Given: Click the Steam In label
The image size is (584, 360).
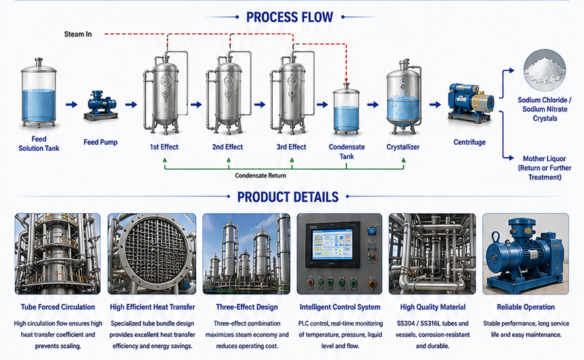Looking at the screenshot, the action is [x=78, y=35].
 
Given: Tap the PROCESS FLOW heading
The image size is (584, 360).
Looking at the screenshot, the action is [x=290, y=17].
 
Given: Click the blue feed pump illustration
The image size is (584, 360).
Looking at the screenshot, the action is [x=101, y=106].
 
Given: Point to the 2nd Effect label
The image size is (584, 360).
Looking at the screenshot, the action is [x=227, y=147].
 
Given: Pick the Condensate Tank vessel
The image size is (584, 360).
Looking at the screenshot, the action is [x=346, y=109].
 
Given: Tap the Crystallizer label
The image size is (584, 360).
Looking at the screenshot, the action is [x=403, y=147].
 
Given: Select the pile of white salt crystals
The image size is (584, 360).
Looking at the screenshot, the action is [x=545, y=71].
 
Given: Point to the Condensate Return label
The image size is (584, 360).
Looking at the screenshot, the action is [x=261, y=176].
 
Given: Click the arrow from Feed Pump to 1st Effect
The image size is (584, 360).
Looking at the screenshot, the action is [x=131, y=105].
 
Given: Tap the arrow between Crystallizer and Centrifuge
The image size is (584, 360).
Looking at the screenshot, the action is [x=435, y=105].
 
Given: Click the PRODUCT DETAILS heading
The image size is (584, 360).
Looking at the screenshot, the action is [x=288, y=197].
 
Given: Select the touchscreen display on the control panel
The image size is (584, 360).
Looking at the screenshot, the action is [x=332, y=244].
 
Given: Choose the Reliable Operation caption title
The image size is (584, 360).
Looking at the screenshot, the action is [x=526, y=307].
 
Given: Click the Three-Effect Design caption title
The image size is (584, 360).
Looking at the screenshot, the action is [x=247, y=307].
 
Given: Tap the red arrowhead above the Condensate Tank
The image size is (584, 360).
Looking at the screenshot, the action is [x=346, y=80].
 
